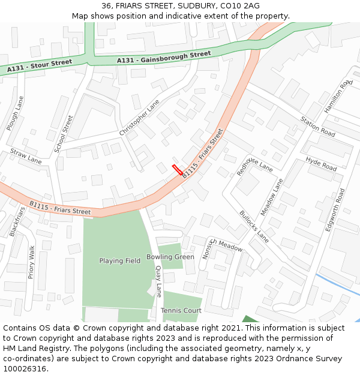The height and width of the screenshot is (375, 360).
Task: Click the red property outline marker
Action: pos(178,169)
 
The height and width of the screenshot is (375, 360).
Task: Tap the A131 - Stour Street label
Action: pos(40,66)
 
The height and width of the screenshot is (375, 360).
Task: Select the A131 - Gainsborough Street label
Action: pos(164,57)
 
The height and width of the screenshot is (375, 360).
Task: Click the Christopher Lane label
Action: pos(139,117)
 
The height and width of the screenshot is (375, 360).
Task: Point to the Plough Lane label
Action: pos(14,113)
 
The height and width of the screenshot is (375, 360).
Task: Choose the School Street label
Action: pos(63,133)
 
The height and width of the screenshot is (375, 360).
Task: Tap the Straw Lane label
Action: pos(26,156)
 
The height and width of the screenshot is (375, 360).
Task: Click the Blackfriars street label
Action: pos(17,221)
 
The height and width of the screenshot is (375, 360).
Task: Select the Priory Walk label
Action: pos(31,262)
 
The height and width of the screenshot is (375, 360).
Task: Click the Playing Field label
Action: pos(120,261)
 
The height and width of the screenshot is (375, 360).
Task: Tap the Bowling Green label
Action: pos(170,257)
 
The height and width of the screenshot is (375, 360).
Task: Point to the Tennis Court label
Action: pos(181,310)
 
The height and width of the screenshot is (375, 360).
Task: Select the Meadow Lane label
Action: pos(272,196)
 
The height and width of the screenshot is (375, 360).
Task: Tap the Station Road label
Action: pos(318,126)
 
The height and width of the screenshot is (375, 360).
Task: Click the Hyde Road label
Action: pos(322,163)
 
